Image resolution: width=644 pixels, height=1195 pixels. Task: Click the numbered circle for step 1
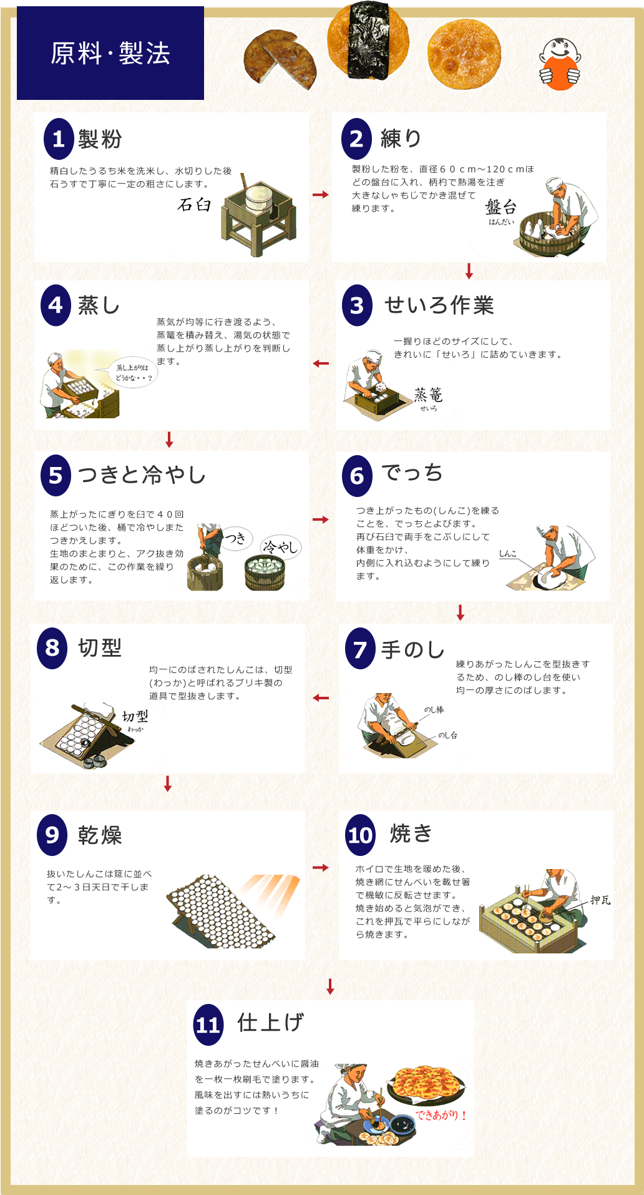(x=59, y=139)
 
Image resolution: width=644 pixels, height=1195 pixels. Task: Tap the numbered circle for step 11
(x=208, y=1025)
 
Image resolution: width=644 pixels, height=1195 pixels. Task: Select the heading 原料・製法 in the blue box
(x=110, y=53)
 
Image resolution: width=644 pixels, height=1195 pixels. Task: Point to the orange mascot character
(x=560, y=64)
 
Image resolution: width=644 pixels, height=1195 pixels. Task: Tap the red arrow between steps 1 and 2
(x=321, y=195)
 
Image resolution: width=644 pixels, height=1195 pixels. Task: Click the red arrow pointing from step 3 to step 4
(x=321, y=363)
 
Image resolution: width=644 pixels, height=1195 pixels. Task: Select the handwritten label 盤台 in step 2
(x=500, y=207)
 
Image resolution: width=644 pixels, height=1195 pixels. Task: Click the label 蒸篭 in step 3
(x=428, y=395)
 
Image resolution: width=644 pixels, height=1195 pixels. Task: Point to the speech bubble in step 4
(x=133, y=373)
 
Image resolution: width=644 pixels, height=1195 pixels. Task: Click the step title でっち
(x=412, y=473)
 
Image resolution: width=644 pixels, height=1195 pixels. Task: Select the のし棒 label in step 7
(x=434, y=710)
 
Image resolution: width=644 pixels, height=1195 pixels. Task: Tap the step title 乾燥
(x=100, y=835)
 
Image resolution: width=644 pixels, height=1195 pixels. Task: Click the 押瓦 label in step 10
(x=600, y=900)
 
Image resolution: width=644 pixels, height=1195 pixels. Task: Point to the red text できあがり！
(x=441, y=1114)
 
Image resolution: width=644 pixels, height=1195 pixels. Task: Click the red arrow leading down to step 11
(x=331, y=986)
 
